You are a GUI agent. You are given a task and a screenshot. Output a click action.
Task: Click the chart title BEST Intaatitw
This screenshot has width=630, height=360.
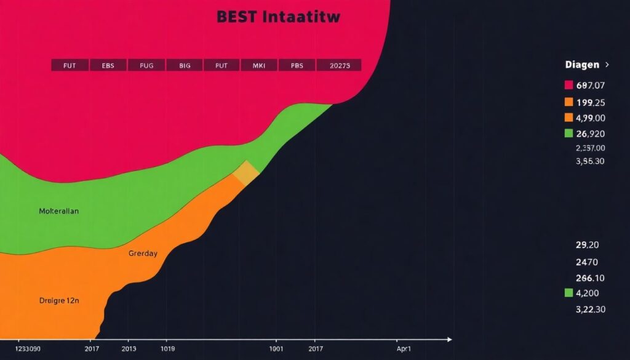pyautogui.click(x=278, y=17)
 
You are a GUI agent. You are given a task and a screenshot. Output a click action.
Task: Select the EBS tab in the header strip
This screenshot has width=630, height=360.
pyautogui.click(x=108, y=65)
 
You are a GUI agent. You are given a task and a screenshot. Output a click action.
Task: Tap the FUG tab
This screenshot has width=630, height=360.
pyautogui.click(x=146, y=65)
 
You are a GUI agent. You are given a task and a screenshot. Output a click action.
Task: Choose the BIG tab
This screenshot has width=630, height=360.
pyautogui.click(x=185, y=65)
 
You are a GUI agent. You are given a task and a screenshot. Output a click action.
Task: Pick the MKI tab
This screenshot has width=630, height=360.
pyautogui.click(x=260, y=65)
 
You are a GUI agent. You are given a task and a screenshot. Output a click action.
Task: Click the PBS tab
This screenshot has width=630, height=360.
pyautogui.click(x=297, y=65)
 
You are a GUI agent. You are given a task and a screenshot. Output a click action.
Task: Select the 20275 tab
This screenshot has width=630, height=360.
pyautogui.click(x=338, y=65)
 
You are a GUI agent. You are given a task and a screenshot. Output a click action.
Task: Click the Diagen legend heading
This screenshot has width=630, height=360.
pyautogui.click(x=582, y=64)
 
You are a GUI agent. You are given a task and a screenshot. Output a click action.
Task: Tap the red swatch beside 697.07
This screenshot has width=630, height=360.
pyautogui.click(x=568, y=85)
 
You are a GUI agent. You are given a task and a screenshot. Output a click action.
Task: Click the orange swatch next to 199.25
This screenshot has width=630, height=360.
pyautogui.click(x=568, y=102)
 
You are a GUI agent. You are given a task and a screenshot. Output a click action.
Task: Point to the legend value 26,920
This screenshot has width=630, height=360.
pyautogui.click(x=591, y=133)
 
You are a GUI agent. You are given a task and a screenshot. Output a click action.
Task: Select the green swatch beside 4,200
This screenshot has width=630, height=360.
pyautogui.click(x=568, y=294)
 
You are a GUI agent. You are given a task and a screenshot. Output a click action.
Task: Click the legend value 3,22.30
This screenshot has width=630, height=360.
pyautogui.click(x=591, y=309)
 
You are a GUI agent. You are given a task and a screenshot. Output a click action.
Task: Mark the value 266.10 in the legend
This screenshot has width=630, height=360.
pyautogui.click(x=591, y=278)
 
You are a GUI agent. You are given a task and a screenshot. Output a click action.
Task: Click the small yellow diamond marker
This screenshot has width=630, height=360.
pyautogui.click(x=246, y=173)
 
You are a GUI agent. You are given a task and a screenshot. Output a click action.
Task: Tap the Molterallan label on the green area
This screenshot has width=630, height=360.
pyautogui.click(x=58, y=210)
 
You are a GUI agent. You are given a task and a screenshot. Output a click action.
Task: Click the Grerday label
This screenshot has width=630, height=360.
pyautogui.click(x=143, y=253)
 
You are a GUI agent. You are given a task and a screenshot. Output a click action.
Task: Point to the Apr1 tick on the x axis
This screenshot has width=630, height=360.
pyautogui.click(x=404, y=348)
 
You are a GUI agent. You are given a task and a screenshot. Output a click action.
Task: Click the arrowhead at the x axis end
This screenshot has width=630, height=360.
pyautogui.click(x=449, y=339)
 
